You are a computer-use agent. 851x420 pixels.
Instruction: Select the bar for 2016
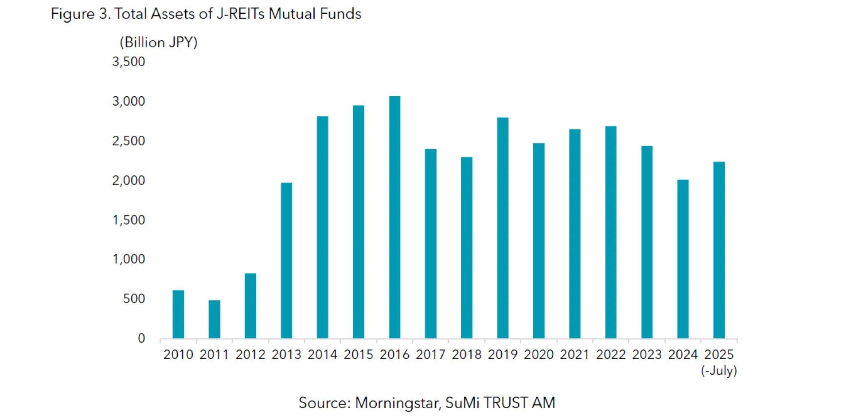click(x=394, y=217)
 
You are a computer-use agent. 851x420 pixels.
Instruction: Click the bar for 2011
click(x=214, y=319)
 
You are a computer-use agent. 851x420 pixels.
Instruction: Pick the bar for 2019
click(x=503, y=228)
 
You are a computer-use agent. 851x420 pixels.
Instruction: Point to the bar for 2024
click(x=683, y=259)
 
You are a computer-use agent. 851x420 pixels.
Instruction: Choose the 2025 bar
click(x=719, y=250)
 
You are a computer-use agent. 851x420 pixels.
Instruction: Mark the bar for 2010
click(x=178, y=314)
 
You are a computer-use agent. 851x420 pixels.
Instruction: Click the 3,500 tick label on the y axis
click(x=129, y=62)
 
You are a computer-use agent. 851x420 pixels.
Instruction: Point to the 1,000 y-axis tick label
click(x=129, y=259)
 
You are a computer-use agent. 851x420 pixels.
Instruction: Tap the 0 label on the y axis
click(x=141, y=338)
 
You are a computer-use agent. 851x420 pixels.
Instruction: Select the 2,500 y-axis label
click(x=129, y=141)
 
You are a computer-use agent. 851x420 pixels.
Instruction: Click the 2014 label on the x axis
click(x=322, y=354)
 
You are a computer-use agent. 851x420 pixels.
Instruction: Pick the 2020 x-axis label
click(x=539, y=354)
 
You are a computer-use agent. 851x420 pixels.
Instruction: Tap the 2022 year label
click(x=611, y=354)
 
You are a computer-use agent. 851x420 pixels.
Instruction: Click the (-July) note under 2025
click(x=719, y=370)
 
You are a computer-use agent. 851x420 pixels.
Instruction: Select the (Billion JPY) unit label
click(x=159, y=43)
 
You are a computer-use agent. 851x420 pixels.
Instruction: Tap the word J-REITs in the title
click(x=240, y=14)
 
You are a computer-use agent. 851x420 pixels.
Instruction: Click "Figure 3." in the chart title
click(x=80, y=14)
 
